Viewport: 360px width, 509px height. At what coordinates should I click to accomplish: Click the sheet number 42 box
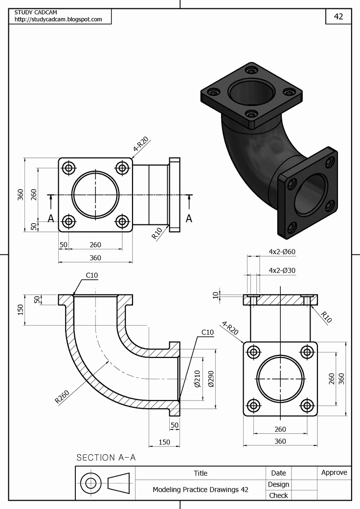point(338,16)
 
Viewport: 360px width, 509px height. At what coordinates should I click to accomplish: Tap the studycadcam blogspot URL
point(58,20)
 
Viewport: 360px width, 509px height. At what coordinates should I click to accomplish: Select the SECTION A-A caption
point(106,458)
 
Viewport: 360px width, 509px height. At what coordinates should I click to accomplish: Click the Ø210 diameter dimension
point(197,378)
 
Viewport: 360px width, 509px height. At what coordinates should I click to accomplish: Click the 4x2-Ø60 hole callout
point(282,252)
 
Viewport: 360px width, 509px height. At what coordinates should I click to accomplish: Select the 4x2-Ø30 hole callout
point(282,270)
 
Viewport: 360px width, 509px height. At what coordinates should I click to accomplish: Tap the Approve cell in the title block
point(334,473)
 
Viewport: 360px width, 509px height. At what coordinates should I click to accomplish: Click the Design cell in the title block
point(278,484)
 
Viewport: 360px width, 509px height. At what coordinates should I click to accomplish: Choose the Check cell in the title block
point(278,495)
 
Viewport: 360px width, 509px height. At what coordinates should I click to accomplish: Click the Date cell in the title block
point(278,473)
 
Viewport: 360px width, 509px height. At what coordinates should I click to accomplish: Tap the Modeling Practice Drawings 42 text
point(200,489)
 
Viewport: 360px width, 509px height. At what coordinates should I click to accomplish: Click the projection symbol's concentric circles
point(90,483)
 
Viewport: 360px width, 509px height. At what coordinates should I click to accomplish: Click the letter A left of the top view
point(51,219)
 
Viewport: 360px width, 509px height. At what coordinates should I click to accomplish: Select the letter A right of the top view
point(189,219)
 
